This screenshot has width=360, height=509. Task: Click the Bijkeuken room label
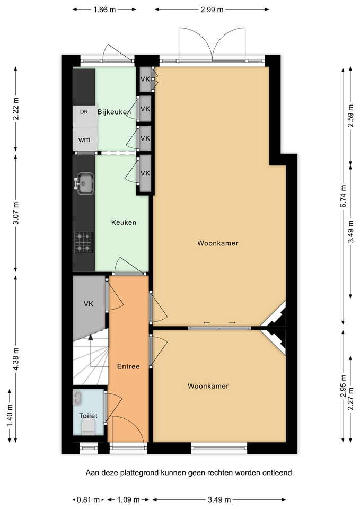(115, 112)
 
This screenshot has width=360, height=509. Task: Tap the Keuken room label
(124, 222)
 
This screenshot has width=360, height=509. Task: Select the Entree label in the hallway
(128, 366)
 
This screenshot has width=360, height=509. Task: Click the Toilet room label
(89, 416)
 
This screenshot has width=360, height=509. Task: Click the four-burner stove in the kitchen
(84, 242)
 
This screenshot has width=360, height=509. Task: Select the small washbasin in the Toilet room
(77, 398)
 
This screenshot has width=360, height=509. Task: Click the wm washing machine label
(84, 139)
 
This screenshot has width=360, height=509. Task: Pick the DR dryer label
(84, 112)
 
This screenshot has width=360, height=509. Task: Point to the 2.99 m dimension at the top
(212, 10)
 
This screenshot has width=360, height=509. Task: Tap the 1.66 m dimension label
(104, 10)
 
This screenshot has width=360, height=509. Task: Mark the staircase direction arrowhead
(91, 337)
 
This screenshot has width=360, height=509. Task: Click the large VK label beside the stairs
(89, 304)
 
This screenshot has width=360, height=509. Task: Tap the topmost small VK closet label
(145, 79)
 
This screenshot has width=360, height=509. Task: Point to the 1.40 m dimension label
(10, 416)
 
